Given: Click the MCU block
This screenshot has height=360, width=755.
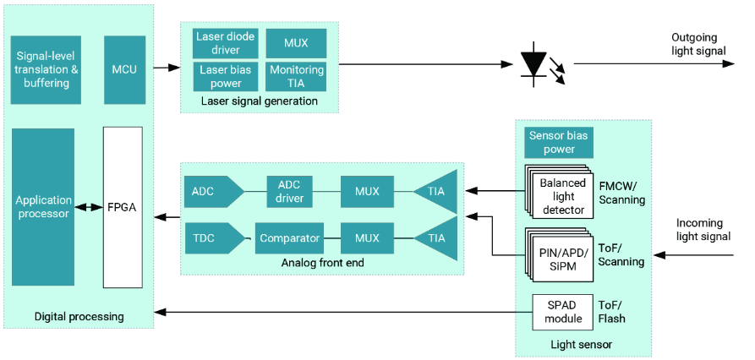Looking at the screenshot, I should click(124, 69).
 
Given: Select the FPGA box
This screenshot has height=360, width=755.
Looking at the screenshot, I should click(123, 207).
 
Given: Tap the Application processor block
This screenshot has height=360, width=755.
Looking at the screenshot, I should click(43, 207).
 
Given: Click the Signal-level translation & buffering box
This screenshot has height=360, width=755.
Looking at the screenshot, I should click(47, 69).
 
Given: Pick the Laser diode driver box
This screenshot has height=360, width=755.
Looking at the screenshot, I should click(226, 43).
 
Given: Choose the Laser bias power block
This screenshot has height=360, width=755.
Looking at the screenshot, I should click(226, 77).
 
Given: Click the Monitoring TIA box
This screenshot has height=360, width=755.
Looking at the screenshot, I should click(296, 77).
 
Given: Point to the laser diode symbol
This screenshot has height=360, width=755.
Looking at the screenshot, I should click(536, 64).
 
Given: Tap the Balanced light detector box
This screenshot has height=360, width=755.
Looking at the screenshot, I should click(561, 196).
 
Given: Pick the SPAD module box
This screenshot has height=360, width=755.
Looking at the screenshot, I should click(563, 311).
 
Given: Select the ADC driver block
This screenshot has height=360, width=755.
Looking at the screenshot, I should click(290, 191).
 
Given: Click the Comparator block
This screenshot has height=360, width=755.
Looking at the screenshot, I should click(290, 238).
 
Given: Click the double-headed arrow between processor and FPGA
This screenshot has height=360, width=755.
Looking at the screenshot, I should click(88, 207).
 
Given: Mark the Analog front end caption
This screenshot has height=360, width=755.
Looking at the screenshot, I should click(322, 263).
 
